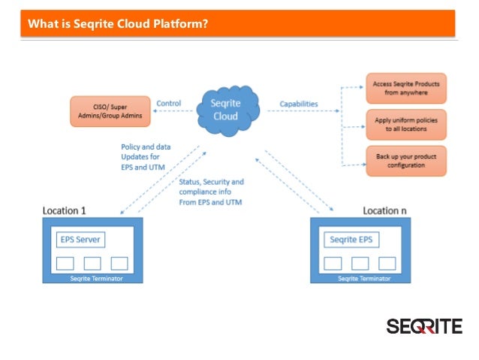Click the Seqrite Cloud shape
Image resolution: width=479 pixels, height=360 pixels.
click(x=225, y=109)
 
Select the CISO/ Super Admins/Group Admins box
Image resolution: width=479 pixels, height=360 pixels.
click(x=110, y=110)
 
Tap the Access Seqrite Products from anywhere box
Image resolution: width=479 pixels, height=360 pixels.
click(x=406, y=89)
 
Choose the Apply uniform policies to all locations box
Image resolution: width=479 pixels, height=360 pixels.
click(x=406, y=123)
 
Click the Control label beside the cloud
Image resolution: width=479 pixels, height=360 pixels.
click(x=168, y=103)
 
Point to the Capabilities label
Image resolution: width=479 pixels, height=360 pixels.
click(x=298, y=103)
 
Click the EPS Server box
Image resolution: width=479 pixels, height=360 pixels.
click(x=81, y=241)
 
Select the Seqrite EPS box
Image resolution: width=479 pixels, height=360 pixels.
click(x=351, y=241)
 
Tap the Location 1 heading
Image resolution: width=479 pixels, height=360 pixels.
click(x=64, y=210)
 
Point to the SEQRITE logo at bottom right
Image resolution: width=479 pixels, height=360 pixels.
click(x=424, y=326)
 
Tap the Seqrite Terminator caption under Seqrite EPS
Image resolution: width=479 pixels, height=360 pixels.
click(x=364, y=278)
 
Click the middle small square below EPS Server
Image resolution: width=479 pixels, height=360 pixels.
click(x=92, y=263)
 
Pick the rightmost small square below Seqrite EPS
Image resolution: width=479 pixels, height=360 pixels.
click(x=387, y=263)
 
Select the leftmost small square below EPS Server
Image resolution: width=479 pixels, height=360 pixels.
click(x=65, y=263)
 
